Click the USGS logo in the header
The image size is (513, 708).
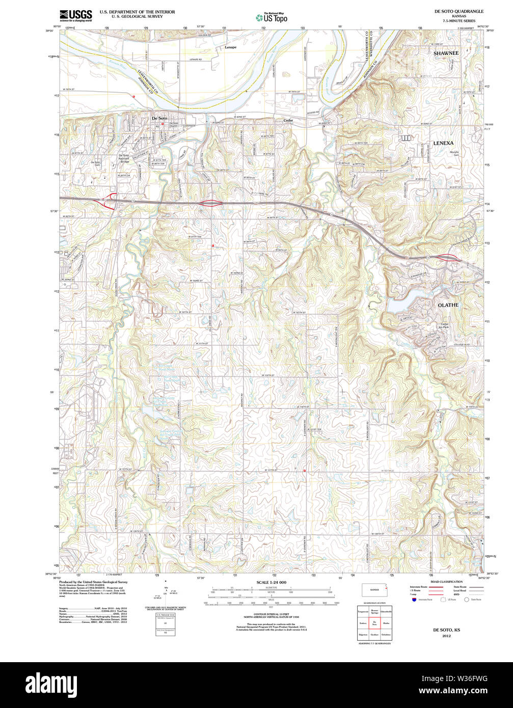click(x=75, y=15)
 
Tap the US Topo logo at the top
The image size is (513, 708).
click(x=271, y=17)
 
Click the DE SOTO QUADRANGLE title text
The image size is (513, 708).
click(x=452, y=11)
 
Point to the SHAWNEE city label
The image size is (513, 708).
click(x=446, y=53)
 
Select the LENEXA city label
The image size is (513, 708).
click(x=443, y=144)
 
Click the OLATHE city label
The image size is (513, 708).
click(x=448, y=305)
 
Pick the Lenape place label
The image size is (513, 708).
click(x=230, y=47)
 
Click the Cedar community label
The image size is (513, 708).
click(x=288, y=120)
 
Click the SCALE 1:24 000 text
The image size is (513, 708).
click(x=271, y=582)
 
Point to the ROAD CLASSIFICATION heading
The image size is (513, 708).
click(x=446, y=582)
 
